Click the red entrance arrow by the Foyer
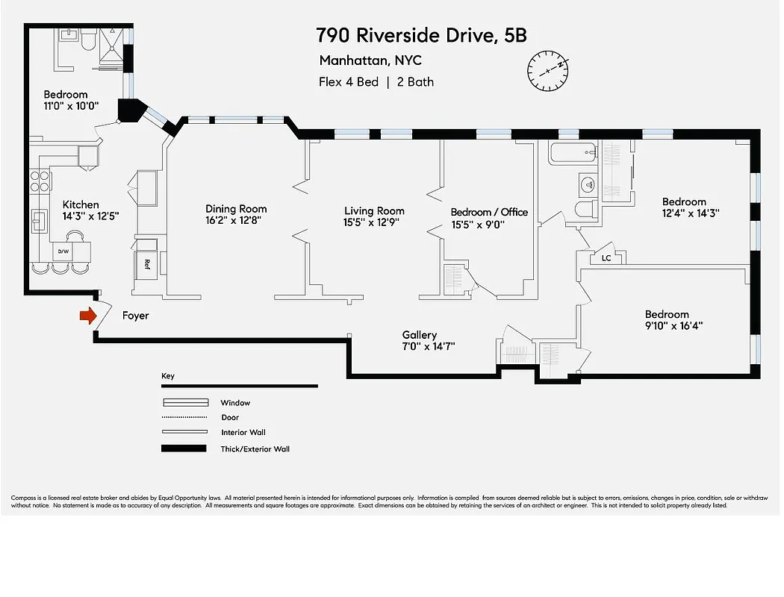click(88, 316)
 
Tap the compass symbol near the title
click(548, 71)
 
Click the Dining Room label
click(236, 209)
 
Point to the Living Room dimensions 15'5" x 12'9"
click(374, 222)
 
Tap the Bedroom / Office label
click(489, 212)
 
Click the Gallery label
click(419, 335)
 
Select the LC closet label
click(606, 258)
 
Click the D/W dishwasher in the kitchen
click(63, 252)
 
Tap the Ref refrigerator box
click(147, 263)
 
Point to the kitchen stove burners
click(40, 181)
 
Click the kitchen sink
click(38, 222)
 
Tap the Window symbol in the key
click(184, 403)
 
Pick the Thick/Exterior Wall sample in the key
click(184, 448)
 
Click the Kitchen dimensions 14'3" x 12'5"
click(90, 216)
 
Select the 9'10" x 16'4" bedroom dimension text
click(673, 325)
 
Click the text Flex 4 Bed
click(349, 82)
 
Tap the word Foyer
click(135, 316)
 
